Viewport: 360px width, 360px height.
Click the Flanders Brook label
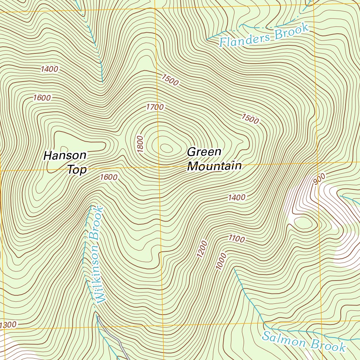(x=264, y=35)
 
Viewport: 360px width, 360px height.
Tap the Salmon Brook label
(x=304, y=341)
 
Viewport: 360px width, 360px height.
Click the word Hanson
(x=65, y=155)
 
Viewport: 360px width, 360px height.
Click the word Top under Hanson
(x=77, y=170)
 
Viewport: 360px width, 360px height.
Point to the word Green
(x=204, y=152)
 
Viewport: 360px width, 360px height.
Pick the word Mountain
(x=214, y=166)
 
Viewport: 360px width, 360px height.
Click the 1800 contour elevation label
(x=141, y=144)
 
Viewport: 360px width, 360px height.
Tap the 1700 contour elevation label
(x=155, y=107)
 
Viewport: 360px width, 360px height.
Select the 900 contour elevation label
(x=319, y=179)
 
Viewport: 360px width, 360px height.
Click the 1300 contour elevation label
(x=8, y=324)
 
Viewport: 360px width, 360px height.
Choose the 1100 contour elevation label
(x=237, y=239)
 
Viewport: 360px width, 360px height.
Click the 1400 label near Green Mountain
(x=237, y=198)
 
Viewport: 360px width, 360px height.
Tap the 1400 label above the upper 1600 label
(x=49, y=69)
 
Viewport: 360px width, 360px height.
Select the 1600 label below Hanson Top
(x=108, y=177)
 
